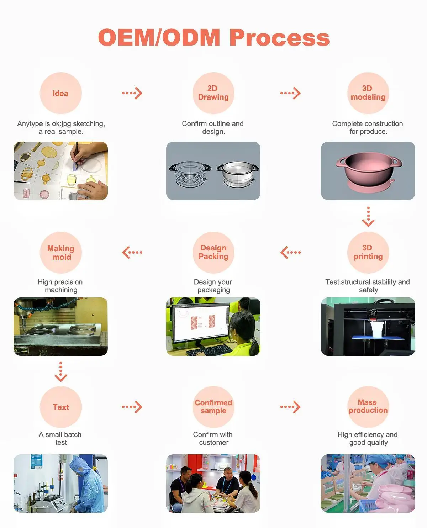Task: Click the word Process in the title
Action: pos(280,37)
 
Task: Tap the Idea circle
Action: pos(60,93)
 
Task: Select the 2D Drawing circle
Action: pos(213,93)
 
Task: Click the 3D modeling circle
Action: pos(368,93)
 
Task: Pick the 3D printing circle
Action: pos(368,252)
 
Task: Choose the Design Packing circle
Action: pos(213,252)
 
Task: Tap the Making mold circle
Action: pos(61,253)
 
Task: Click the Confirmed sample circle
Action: pos(213,407)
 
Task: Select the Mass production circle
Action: pos(368,407)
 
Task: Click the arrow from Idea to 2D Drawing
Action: pos(132,93)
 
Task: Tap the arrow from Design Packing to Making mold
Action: pos(132,252)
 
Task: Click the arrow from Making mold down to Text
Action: pos(61,371)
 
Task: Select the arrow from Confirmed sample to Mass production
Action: pos(290,407)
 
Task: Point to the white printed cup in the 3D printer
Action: pos(376,328)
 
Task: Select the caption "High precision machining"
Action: pos(60,286)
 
